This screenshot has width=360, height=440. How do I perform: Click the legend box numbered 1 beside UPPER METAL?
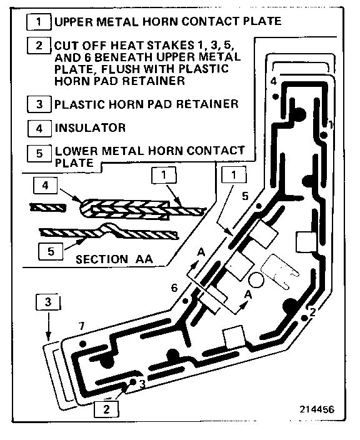click(39, 22)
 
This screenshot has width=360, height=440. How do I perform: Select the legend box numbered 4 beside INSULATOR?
click(39, 128)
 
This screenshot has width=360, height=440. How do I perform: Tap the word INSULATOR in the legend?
click(90, 128)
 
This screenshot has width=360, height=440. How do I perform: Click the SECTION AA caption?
click(114, 259)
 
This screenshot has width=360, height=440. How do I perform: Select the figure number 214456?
click(317, 409)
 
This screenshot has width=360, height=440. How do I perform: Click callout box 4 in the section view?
click(45, 185)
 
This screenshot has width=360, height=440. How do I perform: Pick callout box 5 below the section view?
click(51, 251)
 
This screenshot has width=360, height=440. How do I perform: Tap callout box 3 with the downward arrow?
click(48, 302)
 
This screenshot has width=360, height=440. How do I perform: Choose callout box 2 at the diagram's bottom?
click(106, 409)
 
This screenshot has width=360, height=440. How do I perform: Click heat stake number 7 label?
click(81, 326)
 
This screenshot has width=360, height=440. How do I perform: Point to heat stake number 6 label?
click(174, 288)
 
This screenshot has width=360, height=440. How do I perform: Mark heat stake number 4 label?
click(273, 81)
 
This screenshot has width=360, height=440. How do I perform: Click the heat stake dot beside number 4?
click(276, 96)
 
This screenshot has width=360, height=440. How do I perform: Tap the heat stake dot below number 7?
click(82, 344)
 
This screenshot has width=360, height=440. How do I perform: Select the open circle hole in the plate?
click(256, 280)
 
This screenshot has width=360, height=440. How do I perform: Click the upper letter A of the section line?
click(201, 252)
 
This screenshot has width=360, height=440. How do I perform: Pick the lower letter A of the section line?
click(248, 294)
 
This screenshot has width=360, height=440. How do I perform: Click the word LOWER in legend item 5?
click(76, 151)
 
